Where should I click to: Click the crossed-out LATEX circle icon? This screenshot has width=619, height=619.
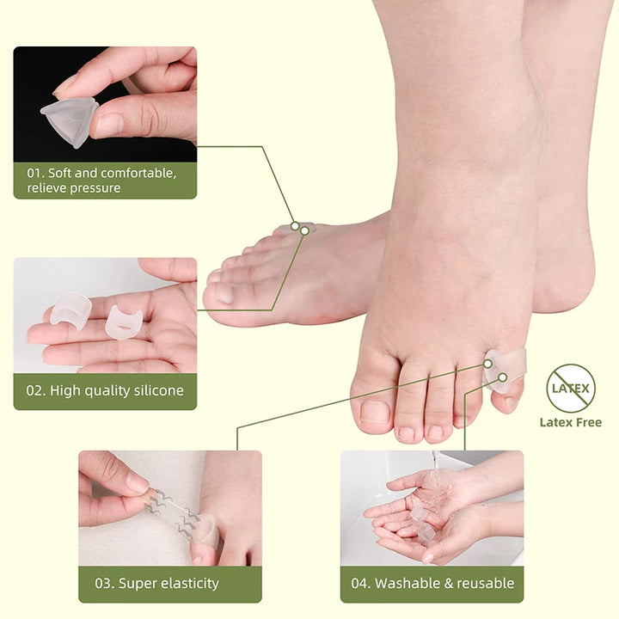coord(570,388)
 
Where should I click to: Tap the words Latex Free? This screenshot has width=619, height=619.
coord(570,422)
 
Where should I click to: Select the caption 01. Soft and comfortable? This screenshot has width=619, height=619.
coord(101,181)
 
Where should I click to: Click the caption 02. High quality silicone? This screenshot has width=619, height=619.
coord(105,390)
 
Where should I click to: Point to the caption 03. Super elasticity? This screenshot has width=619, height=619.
coord(156,584)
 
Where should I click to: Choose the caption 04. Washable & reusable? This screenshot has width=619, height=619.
coord(432,584)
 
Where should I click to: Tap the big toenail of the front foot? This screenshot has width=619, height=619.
coord(375,411)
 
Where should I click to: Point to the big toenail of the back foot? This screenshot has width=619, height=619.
coord(223,293)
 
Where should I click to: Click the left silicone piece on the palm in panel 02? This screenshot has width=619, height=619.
coord(70,311)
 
